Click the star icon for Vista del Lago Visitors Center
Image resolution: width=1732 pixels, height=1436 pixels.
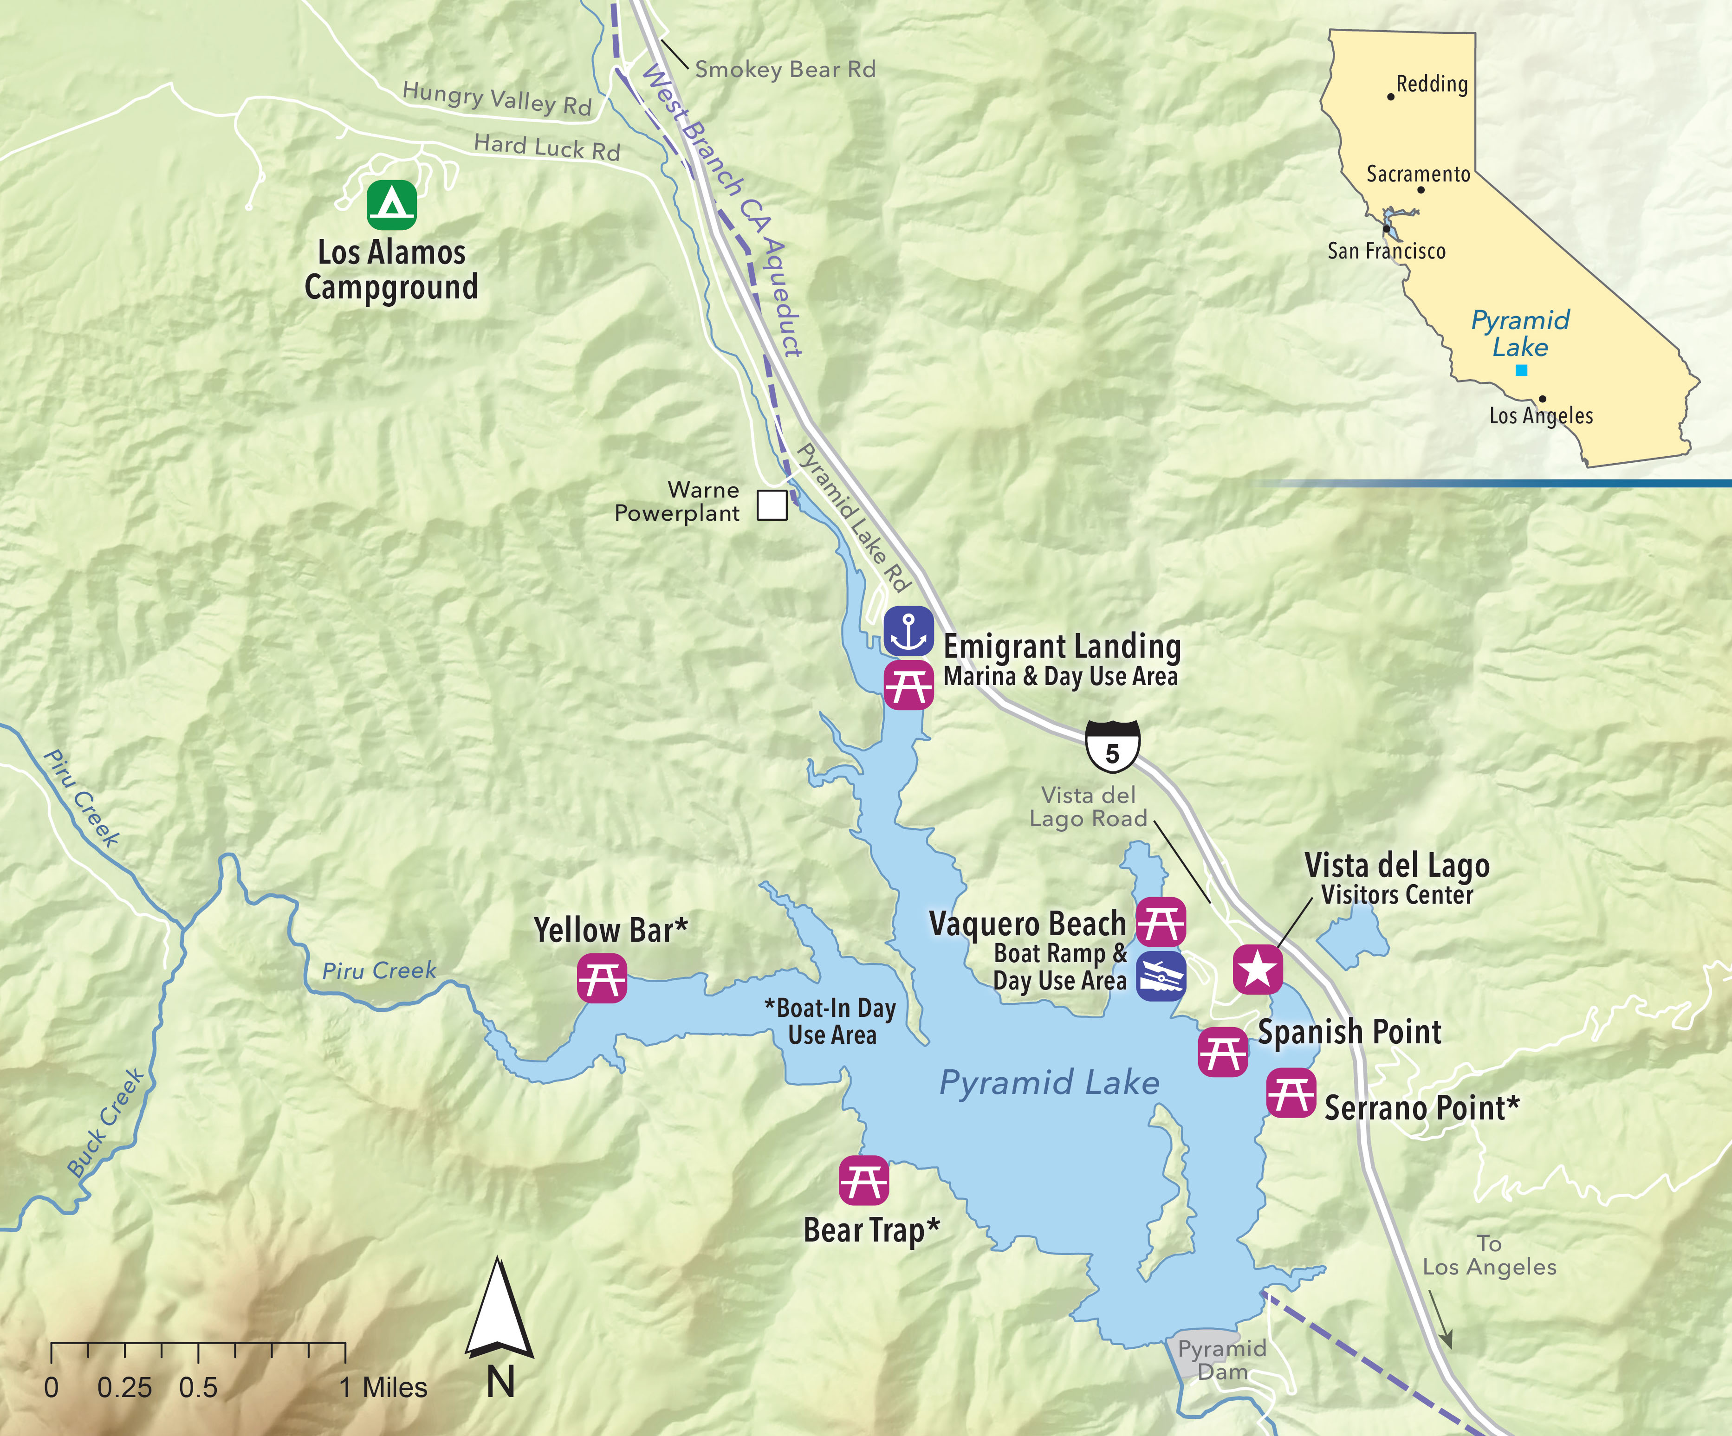pos(1257,969)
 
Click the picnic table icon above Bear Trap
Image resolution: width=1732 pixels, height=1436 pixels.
pos(863,1180)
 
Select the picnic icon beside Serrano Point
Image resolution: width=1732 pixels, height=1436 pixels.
pos(1291,1093)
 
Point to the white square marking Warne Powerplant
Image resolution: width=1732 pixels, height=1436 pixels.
pos(772,505)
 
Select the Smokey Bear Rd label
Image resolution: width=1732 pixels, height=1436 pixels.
pos(785,69)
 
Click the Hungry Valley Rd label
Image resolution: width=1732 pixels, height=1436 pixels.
pos(497,98)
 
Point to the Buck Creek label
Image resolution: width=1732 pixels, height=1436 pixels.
pos(105,1123)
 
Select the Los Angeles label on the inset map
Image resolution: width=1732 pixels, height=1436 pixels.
pos(1541,416)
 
